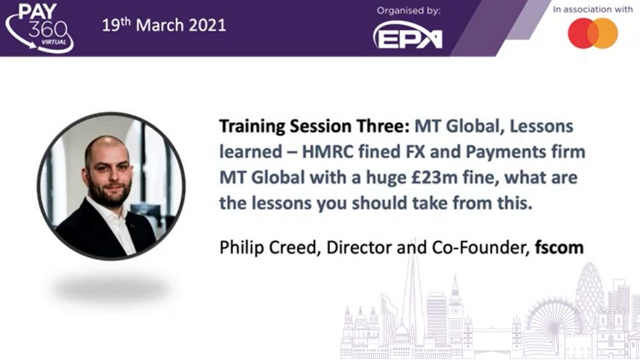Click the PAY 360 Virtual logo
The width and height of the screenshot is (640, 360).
click(x=39, y=27)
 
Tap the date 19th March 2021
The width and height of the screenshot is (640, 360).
click(x=164, y=25)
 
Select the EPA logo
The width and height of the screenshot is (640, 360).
click(x=407, y=36)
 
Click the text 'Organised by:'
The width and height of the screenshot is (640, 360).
click(x=408, y=11)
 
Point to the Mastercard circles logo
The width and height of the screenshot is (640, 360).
click(x=592, y=34)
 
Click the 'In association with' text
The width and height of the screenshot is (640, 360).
click(x=592, y=9)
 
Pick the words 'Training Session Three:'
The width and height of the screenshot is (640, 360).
click(x=314, y=126)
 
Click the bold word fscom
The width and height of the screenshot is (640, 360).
click(x=559, y=247)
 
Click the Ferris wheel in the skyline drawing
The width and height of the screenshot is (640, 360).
click(x=555, y=322)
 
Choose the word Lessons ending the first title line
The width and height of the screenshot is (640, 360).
click(x=541, y=126)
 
